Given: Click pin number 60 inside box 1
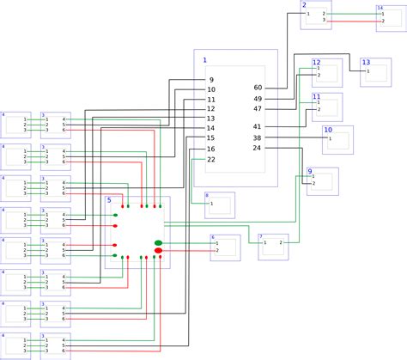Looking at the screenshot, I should [x=258, y=88].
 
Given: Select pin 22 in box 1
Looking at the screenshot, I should [x=211, y=160].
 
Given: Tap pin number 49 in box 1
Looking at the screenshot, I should [x=258, y=99].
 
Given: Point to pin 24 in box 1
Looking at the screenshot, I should [x=257, y=149].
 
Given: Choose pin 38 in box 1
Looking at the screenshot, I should [x=257, y=138].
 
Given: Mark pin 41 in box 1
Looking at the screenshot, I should [x=258, y=127].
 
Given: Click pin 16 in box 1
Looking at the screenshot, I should [x=211, y=149].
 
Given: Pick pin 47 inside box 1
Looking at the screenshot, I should [x=258, y=109].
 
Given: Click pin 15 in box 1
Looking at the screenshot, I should [x=211, y=138].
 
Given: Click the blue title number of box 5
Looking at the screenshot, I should [x=109, y=200].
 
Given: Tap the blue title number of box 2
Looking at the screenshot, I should [x=304, y=5].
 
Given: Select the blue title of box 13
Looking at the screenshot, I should [x=365, y=62].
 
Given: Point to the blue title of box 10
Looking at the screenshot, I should [x=326, y=129].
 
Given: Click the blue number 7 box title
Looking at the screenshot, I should [x=260, y=236].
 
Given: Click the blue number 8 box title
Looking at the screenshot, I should [x=206, y=196].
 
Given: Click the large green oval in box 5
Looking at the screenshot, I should [x=158, y=243].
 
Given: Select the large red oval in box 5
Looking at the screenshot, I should [x=158, y=251].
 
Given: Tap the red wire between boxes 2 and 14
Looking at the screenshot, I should [x=352, y=20].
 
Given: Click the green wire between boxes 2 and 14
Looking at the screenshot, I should [x=352, y=14].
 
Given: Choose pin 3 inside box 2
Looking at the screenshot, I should [x=325, y=20].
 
